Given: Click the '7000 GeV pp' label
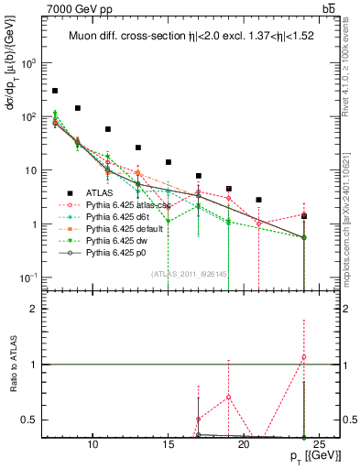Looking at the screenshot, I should coord(74,8).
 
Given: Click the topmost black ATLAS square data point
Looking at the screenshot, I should coord(55,91).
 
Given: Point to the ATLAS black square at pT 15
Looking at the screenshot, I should coord(169,162).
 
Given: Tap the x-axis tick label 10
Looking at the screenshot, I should coord(93,445).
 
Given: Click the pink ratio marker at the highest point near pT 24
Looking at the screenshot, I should coord(304,357).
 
